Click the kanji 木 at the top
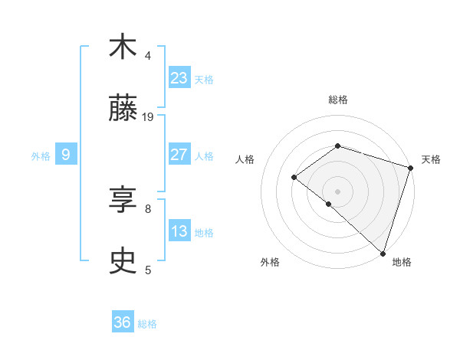click(x=123, y=47)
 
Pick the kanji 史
click(x=123, y=261)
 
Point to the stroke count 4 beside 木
click(x=148, y=55)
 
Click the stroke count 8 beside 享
click(x=148, y=208)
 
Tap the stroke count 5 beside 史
click(x=148, y=270)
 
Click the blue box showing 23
click(x=179, y=78)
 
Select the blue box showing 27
click(x=179, y=155)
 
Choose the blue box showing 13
click(x=179, y=231)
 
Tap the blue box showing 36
click(x=123, y=322)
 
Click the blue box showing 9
click(x=66, y=155)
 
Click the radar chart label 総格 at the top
click(x=337, y=100)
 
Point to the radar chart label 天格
click(x=431, y=159)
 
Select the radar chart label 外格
click(x=270, y=262)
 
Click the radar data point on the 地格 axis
click(x=383, y=253)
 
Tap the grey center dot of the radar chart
click(x=337, y=191)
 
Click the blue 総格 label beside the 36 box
click(x=147, y=324)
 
